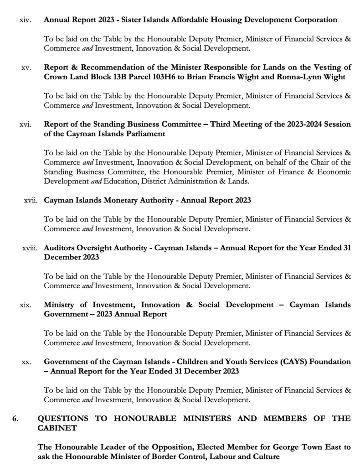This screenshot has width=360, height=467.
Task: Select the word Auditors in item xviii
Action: point(60,248)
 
